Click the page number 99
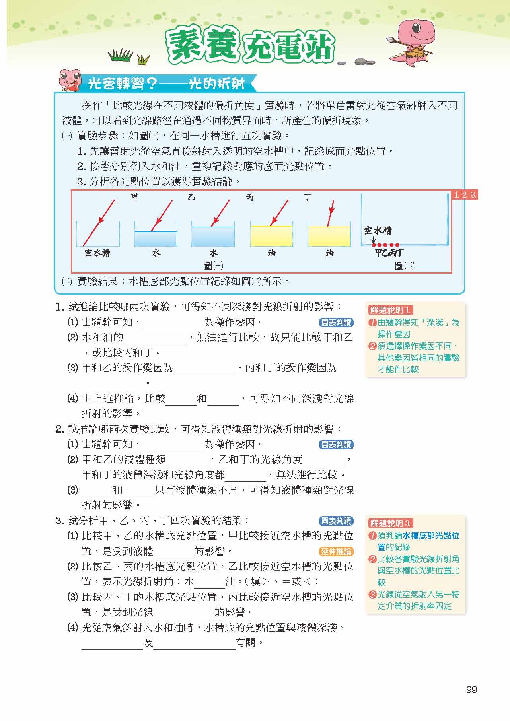(471, 689)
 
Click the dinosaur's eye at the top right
(415, 28)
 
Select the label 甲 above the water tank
(134, 197)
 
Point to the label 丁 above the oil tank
(308, 197)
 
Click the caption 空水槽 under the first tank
(97, 253)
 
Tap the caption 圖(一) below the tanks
(213, 265)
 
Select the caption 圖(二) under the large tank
(404, 265)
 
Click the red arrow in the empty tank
(99, 222)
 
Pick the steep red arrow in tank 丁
(331, 212)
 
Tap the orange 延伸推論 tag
(336, 551)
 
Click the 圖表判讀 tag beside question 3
(336, 521)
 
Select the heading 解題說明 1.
(390, 310)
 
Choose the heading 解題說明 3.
(390, 523)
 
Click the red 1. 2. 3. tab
(465, 195)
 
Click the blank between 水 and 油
(210, 582)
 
